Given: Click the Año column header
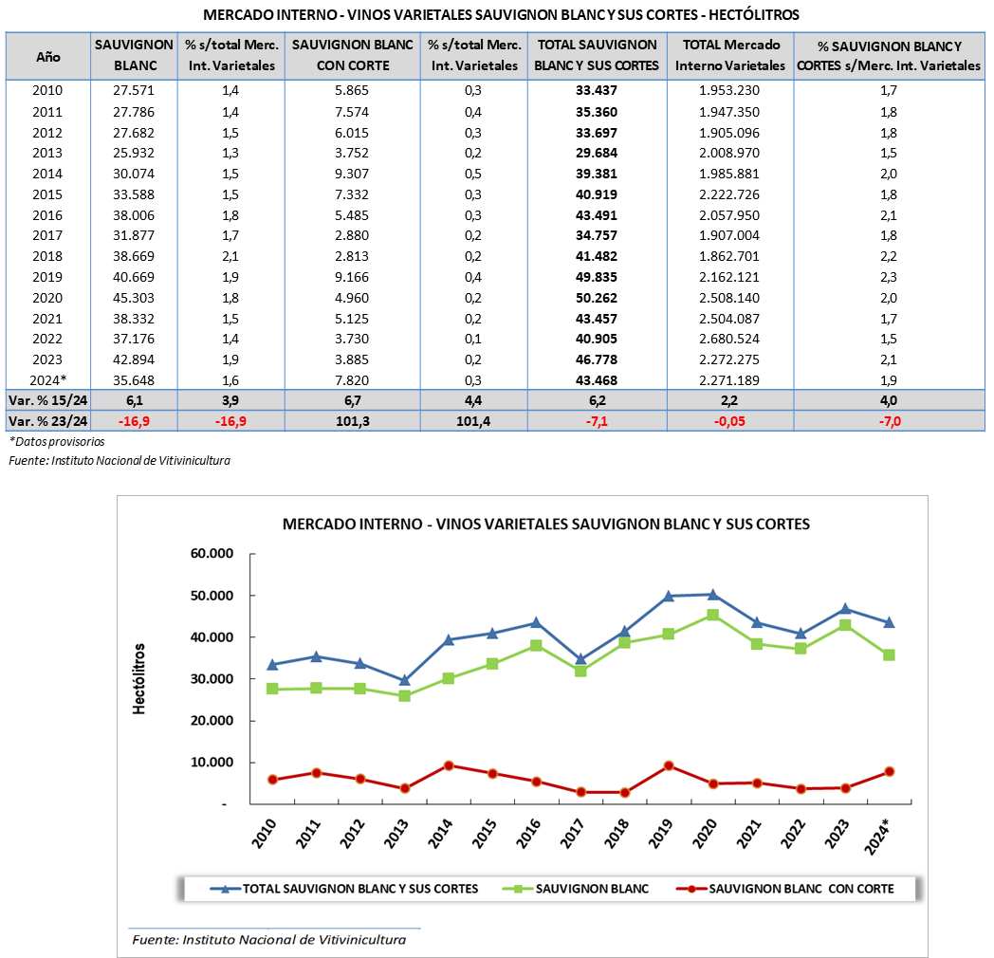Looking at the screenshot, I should click(48, 57).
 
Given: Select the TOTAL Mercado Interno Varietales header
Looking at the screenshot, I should click(730, 55).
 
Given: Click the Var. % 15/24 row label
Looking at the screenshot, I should click(47, 400).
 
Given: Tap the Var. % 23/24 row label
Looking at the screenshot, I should click(47, 421).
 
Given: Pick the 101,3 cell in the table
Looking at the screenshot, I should click(352, 421).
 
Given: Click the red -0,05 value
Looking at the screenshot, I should click(730, 421).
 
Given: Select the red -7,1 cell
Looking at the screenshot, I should click(597, 421).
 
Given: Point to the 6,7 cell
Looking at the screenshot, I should click(352, 400).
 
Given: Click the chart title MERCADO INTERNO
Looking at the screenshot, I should click(546, 525).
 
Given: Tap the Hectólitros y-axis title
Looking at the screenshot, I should click(138, 678).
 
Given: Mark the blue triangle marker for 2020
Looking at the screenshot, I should click(712, 594).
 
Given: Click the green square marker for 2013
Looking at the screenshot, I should click(405, 695).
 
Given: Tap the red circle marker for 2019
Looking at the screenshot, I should click(669, 765).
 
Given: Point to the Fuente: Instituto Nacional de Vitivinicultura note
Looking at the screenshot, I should click(268, 940).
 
